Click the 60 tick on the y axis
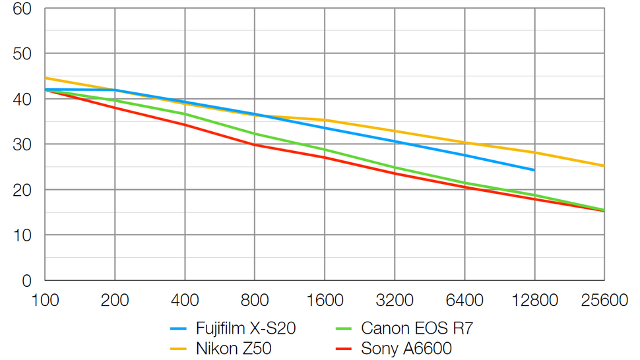[x=22, y=9]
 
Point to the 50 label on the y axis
[x=22, y=54]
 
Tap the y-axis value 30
[x=22, y=145]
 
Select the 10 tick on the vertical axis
[x=22, y=235]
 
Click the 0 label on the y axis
[x=27, y=281]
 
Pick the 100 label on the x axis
[x=45, y=301]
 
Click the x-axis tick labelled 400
[x=185, y=301]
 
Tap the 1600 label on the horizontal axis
[x=325, y=301]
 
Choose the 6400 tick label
[x=464, y=301]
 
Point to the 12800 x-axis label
[x=534, y=301]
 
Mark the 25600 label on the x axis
[x=604, y=301]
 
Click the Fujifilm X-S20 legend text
[x=245, y=328]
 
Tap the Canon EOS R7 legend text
[x=417, y=328]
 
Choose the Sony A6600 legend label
[x=406, y=347]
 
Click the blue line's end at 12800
[x=534, y=170]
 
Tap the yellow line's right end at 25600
[x=604, y=165]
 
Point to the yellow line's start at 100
[x=46, y=78]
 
